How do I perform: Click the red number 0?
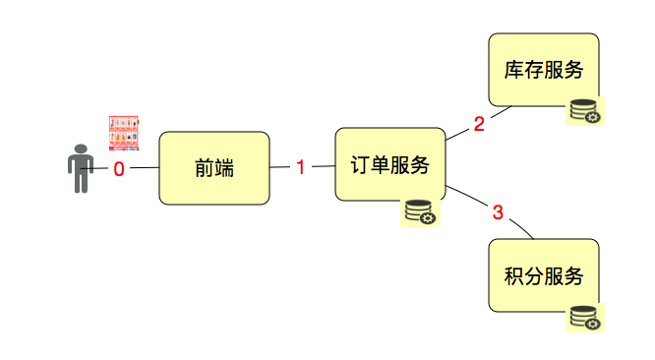coord(119,169)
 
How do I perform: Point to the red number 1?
coord(301,167)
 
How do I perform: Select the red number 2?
coord(479,125)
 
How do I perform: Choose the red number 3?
coord(498,211)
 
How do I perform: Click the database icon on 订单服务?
coord(419,212)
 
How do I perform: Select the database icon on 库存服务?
coord(584,112)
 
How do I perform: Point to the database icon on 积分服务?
coord(584,317)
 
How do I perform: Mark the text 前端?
coord(214,168)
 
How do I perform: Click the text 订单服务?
coord(390,165)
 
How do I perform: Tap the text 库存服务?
coord(544,71)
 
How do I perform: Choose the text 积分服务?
coord(544,275)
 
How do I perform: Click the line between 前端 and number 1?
coord(280,168)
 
